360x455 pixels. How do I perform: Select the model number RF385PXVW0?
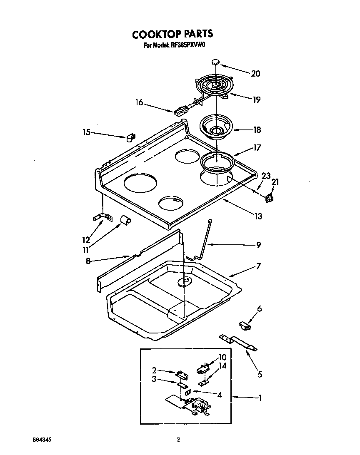point(186,47)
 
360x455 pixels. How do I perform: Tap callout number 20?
point(255,74)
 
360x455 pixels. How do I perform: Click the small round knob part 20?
point(215,62)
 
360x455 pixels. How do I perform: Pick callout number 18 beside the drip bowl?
point(257,130)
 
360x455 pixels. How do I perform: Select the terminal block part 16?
point(180,111)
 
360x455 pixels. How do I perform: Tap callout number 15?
point(86,132)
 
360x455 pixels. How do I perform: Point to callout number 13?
point(258,216)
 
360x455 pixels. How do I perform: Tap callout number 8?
point(88,261)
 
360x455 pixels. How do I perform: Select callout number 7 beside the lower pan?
point(258,266)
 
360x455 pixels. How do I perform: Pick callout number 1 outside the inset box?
point(260,398)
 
